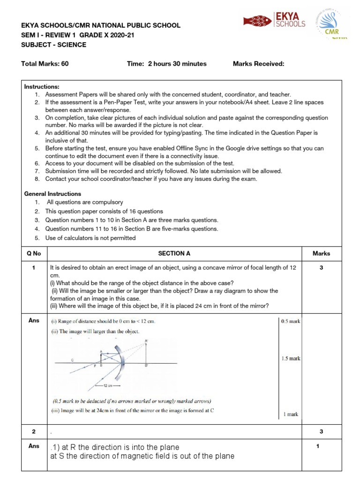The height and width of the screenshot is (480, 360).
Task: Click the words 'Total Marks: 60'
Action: [45, 64]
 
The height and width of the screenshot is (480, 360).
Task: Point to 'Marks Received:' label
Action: [258, 64]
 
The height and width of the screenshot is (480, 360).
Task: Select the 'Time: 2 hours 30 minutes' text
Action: [166, 64]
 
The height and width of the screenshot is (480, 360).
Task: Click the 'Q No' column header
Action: [35, 253]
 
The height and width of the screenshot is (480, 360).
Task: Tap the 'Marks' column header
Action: [321, 253]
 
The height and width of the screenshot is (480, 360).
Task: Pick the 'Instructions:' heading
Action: [42, 87]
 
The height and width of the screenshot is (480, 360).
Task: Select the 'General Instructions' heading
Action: [52, 194]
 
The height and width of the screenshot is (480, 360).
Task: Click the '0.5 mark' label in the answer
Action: [291, 322]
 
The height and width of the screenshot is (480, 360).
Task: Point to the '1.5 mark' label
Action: [291, 359]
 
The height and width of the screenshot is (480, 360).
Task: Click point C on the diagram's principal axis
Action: [72, 360]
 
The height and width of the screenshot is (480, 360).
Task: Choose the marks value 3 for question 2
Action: [321, 431]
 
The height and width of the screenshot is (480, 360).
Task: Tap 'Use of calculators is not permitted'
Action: [90, 238]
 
